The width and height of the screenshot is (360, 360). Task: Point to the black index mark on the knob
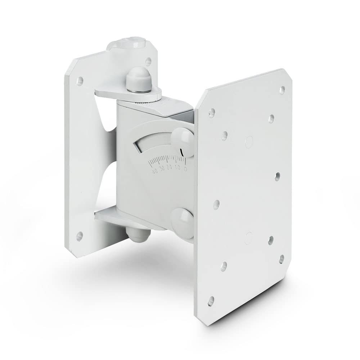tap(183, 152)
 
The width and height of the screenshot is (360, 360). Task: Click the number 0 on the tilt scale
tap(185, 168)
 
